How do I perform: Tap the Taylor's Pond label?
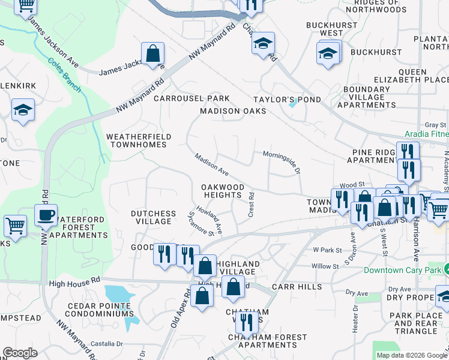click(x=287, y=100)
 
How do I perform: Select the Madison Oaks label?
click(x=233, y=111)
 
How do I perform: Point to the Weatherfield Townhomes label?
click(x=139, y=141)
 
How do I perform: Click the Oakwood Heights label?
click(x=223, y=191)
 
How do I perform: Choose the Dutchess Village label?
click(x=154, y=217)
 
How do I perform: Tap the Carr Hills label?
click(x=297, y=287)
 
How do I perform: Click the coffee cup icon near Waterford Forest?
click(x=46, y=215)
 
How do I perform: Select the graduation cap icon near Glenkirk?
click(x=23, y=109)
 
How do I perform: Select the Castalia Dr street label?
click(x=106, y=344)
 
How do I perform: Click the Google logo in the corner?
click(x=20, y=353)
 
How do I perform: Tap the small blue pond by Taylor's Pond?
click(x=292, y=104)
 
